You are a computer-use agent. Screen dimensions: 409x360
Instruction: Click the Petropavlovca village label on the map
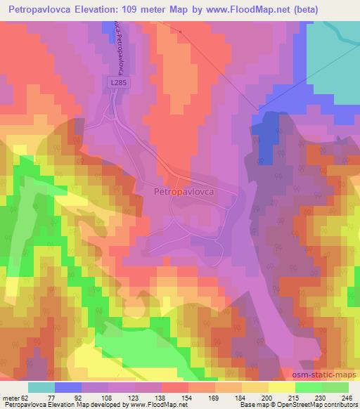(x=184, y=190)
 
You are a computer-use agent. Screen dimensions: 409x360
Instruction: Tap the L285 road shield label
(x=119, y=83)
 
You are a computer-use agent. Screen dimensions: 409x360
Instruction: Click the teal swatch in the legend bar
(x=41, y=387)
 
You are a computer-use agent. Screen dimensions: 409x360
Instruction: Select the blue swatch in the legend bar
(x=67, y=387)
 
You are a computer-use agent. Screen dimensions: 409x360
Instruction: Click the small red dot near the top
(x=180, y=31)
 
